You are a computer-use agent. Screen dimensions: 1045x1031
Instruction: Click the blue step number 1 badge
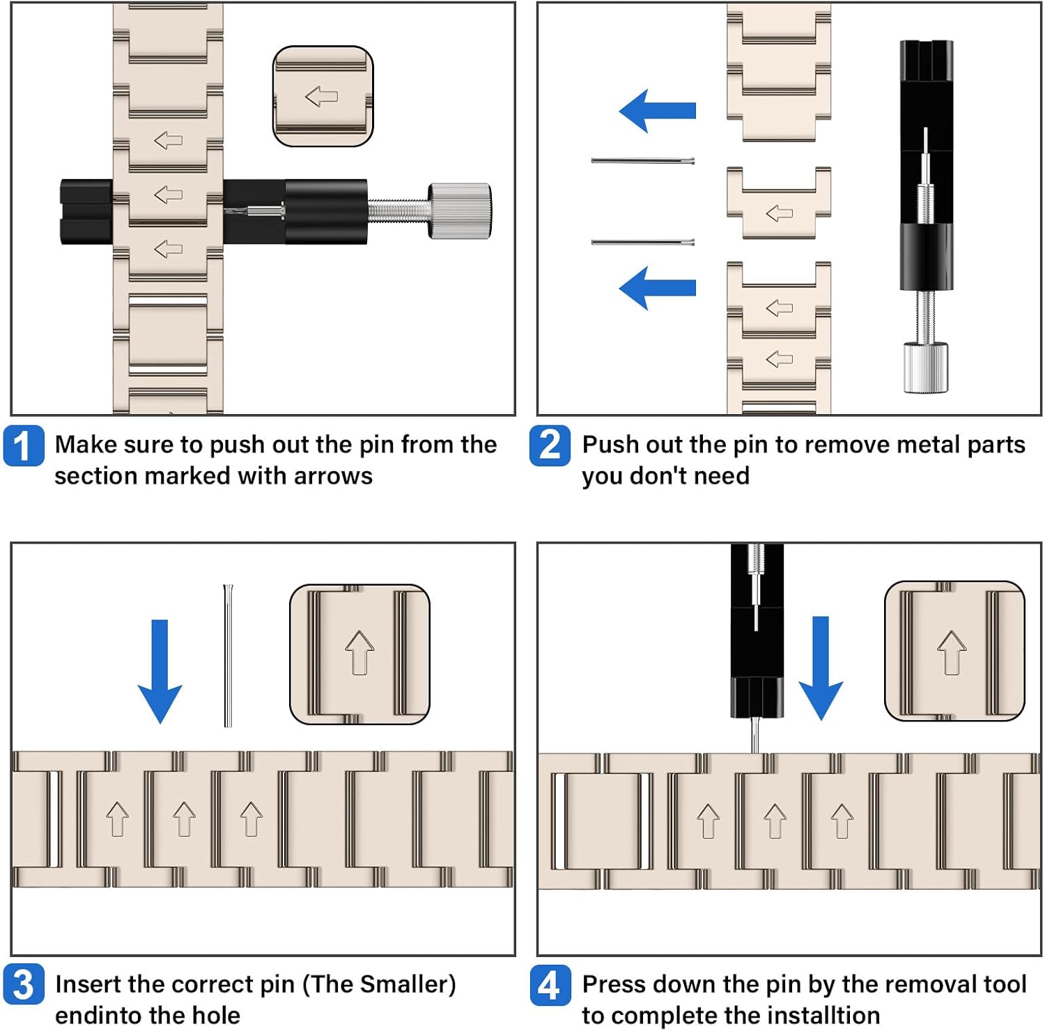click(x=24, y=445)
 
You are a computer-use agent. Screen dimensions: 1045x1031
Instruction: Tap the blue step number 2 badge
click(x=550, y=445)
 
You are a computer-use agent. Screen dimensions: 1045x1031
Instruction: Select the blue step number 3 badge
click(x=24, y=984)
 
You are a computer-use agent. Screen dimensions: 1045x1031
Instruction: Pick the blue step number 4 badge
click(x=550, y=985)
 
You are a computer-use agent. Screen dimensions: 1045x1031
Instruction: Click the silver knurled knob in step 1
click(x=460, y=211)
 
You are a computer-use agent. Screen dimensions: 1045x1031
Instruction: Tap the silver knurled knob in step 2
click(x=926, y=367)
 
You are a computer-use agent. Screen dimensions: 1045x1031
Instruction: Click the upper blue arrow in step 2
click(x=658, y=111)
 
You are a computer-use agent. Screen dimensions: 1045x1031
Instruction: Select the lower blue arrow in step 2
click(x=658, y=287)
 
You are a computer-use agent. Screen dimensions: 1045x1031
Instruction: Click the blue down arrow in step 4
click(x=821, y=668)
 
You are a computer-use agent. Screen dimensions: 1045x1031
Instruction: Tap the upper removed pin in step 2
click(x=643, y=161)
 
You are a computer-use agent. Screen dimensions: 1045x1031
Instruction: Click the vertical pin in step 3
click(x=228, y=655)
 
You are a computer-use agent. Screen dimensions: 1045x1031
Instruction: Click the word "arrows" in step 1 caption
click(x=333, y=476)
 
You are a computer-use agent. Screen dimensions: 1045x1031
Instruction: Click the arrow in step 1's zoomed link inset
click(x=322, y=96)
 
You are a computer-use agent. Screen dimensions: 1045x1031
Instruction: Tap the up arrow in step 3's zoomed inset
click(x=359, y=652)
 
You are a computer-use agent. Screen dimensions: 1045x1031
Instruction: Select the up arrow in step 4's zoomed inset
click(x=952, y=652)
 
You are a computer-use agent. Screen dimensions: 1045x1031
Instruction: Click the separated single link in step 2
click(x=779, y=203)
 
